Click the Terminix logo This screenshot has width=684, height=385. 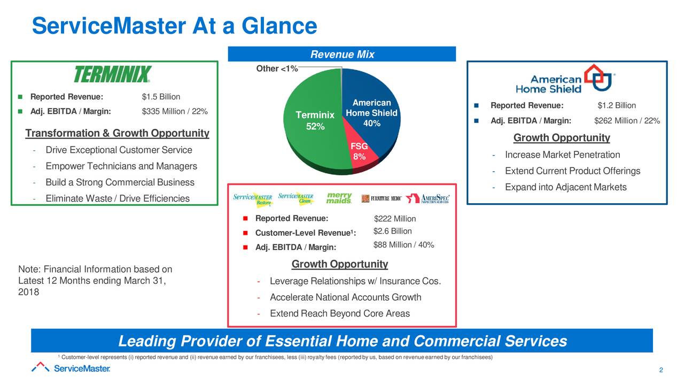click(x=112, y=75)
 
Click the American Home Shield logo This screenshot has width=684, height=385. click(x=565, y=79)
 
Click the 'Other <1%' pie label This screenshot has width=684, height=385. click(x=277, y=68)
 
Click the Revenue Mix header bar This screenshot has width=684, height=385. click(x=342, y=55)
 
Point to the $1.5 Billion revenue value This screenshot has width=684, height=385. click(x=161, y=97)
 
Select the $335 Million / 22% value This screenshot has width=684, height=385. click(x=175, y=111)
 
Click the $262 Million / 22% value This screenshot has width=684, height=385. click(x=627, y=120)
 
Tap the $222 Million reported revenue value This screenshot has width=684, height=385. click(x=395, y=219)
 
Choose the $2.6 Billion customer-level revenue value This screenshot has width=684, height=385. click(x=393, y=231)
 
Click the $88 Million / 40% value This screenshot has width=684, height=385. click(x=403, y=245)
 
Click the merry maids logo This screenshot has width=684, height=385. click(x=339, y=198)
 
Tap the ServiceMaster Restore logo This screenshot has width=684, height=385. click(x=254, y=199)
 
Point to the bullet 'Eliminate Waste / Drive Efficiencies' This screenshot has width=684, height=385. click(x=117, y=199)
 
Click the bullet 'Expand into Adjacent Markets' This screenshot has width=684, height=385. click(x=565, y=187)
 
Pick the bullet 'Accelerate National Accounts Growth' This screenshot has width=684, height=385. click(x=345, y=297)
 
